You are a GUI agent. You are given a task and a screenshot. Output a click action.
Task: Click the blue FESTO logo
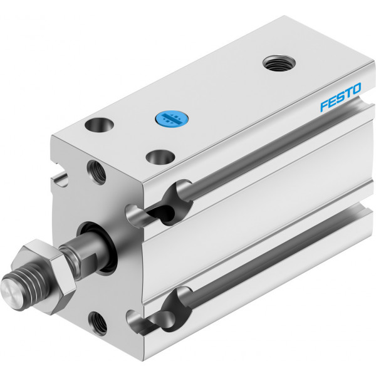[x=340, y=97]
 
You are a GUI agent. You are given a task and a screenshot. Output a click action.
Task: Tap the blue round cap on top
[x=172, y=118]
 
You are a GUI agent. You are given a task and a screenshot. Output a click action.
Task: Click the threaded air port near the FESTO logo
[x=279, y=63]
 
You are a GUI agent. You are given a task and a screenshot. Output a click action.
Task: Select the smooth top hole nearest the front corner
[x=160, y=157]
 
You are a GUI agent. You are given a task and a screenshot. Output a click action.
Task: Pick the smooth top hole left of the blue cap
[x=99, y=125]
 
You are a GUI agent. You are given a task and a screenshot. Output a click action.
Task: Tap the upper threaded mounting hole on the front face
[x=97, y=172]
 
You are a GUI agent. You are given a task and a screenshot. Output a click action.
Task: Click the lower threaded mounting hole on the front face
[x=98, y=323]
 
